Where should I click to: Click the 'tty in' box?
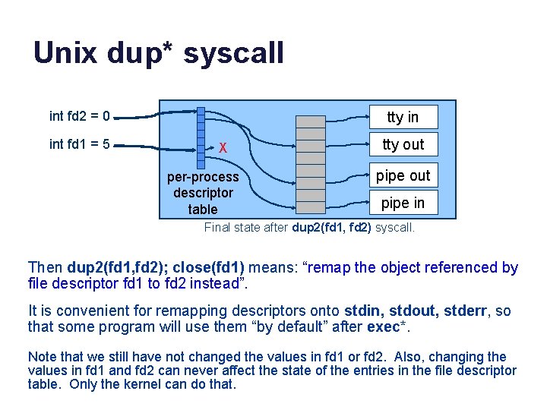click(403, 117)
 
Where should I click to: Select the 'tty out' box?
click(403, 144)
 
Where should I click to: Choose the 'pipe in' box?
click(403, 203)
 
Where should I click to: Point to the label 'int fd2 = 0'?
click(79, 116)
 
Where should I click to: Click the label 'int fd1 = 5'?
click(79, 143)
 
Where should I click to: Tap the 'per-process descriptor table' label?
click(203, 193)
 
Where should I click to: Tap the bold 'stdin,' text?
click(368, 311)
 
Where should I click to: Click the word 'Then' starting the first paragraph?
click(45, 267)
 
